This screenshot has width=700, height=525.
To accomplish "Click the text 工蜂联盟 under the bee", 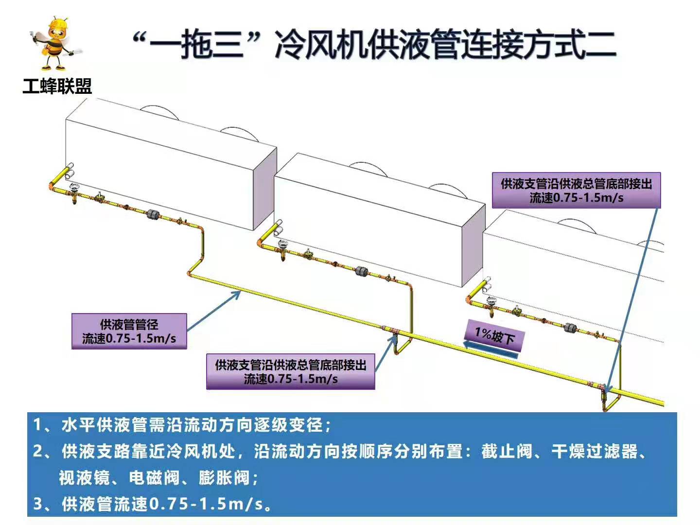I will [x=57, y=87].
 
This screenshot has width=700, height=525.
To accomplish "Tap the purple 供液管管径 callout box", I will [x=129, y=331].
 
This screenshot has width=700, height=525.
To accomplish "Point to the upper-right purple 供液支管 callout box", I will [x=576, y=191].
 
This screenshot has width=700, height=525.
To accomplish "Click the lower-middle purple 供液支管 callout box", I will [x=290, y=371].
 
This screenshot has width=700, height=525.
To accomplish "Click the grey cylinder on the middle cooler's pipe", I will [x=361, y=271].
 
